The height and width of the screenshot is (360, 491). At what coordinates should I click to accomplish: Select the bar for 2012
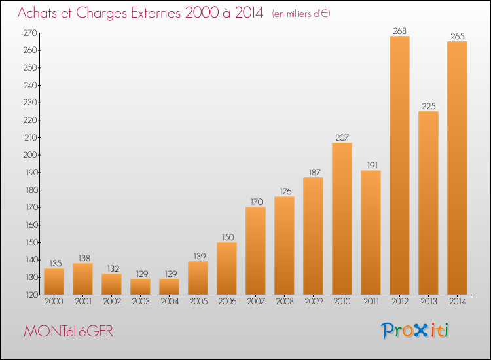pyautogui.click(x=399, y=166)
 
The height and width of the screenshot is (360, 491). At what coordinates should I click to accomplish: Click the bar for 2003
pyautogui.click(x=140, y=287)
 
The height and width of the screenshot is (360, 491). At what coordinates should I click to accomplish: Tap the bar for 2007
pyautogui.click(x=255, y=251)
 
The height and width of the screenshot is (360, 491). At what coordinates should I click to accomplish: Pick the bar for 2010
pyautogui.click(x=342, y=219)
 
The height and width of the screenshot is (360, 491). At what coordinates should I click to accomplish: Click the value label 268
pyautogui.click(x=399, y=31)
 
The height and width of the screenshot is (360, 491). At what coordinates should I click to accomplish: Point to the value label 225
pyautogui.click(x=428, y=107)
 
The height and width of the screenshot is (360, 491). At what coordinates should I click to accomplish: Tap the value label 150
pyautogui.click(x=228, y=238)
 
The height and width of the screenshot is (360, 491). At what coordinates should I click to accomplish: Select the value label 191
pyautogui.click(x=373, y=166)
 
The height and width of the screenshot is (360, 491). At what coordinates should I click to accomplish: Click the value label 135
pyautogui.click(x=56, y=264)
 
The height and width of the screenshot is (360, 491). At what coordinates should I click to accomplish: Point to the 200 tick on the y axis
pyautogui.click(x=30, y=155)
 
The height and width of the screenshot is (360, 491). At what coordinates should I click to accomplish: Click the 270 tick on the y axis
pyautogui.click(x=30, y=33)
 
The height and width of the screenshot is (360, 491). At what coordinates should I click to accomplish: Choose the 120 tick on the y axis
pyautogui.click(x=31, y=295)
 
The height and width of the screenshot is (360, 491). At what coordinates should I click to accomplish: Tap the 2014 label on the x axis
pyautogui.click(x=458, y=302)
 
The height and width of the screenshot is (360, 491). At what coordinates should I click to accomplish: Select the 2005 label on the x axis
pyautogui.click(x=198, y=302)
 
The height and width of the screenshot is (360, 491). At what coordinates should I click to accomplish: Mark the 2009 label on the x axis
pyautogui.click(x=314, y=302)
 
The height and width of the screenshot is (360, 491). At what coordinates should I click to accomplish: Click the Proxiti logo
pyautogui.click(x=415, y=331)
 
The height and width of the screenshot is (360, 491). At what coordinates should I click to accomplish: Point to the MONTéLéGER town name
pyautogui.click(x=68, y=331)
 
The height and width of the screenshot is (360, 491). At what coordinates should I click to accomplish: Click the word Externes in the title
pyautogui.click(x=156, y=13)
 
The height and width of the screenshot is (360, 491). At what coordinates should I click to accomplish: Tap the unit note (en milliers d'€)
pyautogui.click(x=301, y=14)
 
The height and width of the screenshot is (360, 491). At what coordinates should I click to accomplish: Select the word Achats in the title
pyautogui.click(x=37, y=13)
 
